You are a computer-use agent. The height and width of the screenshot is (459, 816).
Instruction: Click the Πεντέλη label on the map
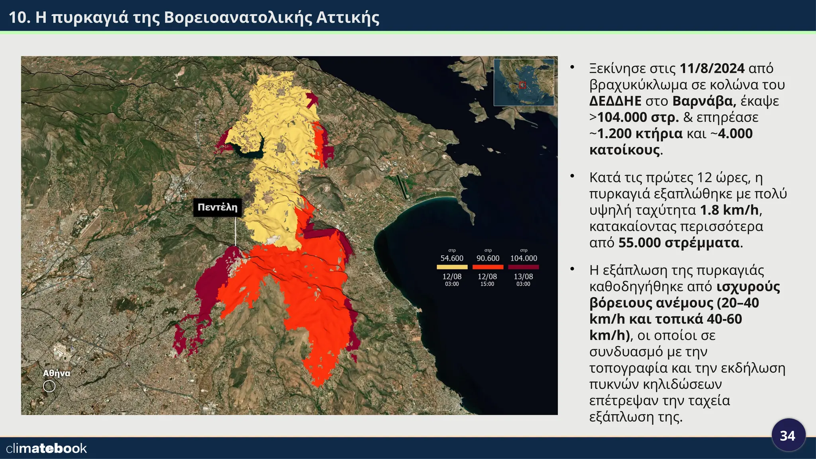pyautogui.click(x=218, y=207)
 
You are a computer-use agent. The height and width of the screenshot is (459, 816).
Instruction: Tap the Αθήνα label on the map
pyautogui.click(x=57, y=373)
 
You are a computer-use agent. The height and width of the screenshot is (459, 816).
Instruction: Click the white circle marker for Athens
pyautogui.click(x=49, y=386)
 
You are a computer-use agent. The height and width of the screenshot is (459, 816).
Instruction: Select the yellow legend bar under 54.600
pyautogui.click(x=452, y=267)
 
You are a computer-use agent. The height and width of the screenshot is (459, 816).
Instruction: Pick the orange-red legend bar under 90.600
pyautogui.click(x=488, y=267)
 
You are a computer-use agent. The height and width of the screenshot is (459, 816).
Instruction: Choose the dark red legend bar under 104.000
pyautogui.click(x=524, y=267)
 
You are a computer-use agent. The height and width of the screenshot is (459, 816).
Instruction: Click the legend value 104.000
pyautogui.click(x=524, y=258)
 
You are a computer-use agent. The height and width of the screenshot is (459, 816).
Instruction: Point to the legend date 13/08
pyautogui.click(x=523, y=277)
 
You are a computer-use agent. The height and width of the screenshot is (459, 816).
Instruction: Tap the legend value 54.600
pyautogui.click(x=452, y=258)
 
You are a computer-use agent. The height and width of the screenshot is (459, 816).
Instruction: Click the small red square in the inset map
pyautogui.click(x=522, y=85)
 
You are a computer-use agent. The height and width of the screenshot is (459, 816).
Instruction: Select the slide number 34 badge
pyautogui.click(x=788, y=435)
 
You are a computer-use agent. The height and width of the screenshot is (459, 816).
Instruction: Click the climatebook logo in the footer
pyautogui.click(x=47, y=449)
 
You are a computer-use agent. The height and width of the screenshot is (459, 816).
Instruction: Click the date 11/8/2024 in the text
pyautogui.click(x=712, y=69)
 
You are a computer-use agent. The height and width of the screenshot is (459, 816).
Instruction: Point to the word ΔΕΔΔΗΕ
pyautogui.click(x=615, y=101)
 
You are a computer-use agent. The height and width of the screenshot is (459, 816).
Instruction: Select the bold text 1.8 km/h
pyautogui.click(x=729, y=210)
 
